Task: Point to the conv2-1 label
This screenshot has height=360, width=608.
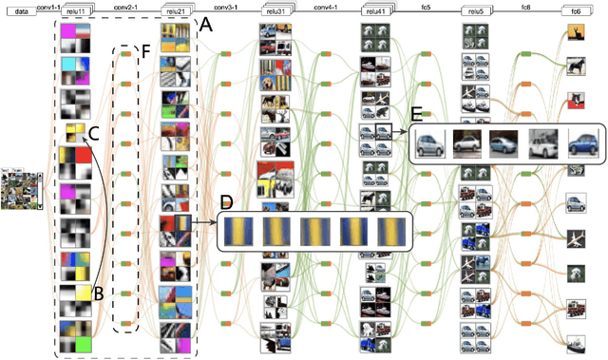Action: [125, 6]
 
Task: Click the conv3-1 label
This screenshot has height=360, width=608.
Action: [224, 6]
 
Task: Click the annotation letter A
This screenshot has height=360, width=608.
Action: [205, 28]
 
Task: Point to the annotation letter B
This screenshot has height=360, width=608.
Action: [98, 294]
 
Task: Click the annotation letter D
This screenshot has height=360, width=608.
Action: [224, 202]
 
